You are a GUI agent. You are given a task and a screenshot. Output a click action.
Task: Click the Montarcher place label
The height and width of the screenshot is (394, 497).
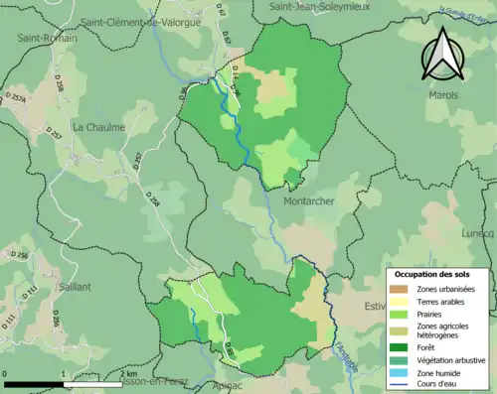tap(312, 200)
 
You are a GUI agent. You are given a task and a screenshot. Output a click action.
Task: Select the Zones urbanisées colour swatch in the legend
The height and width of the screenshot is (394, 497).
tap(399, 289)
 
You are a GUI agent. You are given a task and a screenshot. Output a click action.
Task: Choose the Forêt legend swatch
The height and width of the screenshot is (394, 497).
tap(399, 347)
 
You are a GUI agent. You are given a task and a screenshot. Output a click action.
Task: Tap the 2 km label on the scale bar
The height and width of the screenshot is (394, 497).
tap(129, 375)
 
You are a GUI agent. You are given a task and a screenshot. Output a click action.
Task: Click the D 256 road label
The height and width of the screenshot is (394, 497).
tap(19, 257)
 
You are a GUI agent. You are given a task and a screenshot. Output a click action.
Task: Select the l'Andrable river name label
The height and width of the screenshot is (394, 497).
tap(344, 350)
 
